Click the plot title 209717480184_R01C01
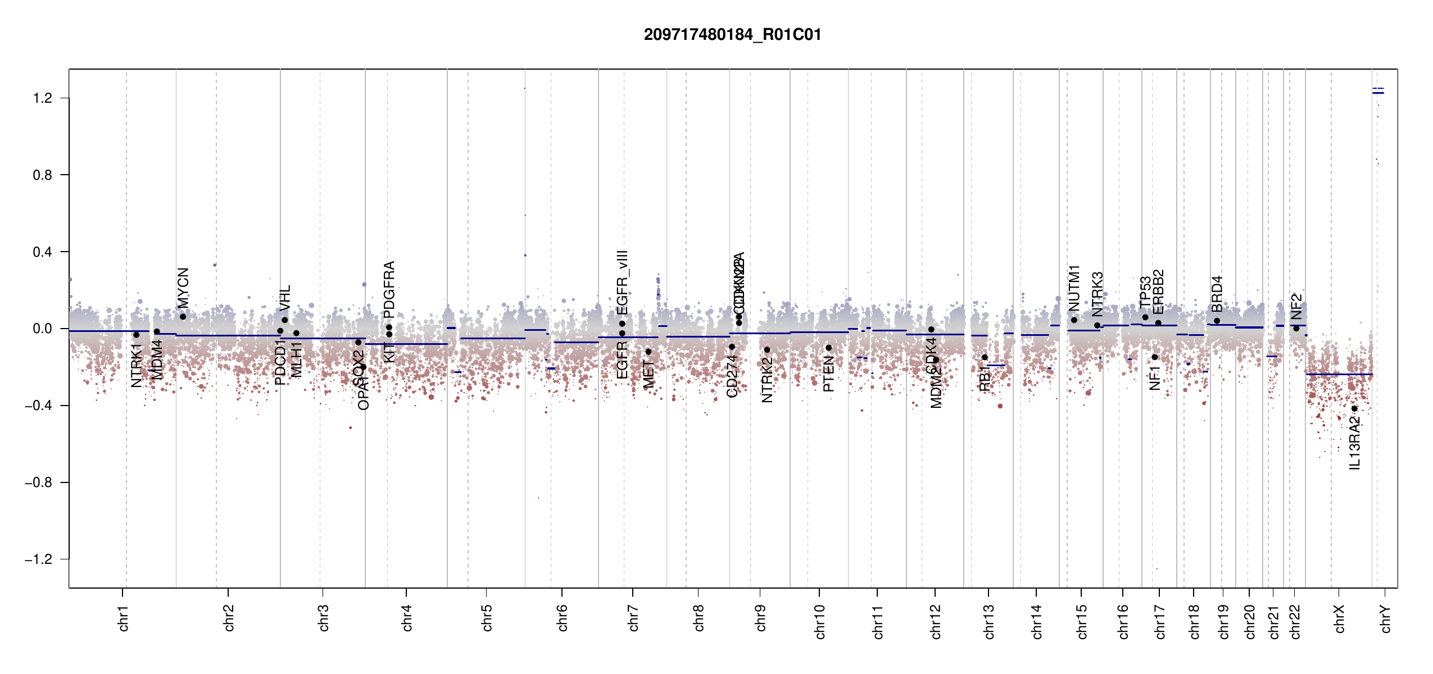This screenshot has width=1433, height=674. coord(732,35)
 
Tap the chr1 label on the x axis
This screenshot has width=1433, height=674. coord(124,618)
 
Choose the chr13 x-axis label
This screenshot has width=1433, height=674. coord(989,621)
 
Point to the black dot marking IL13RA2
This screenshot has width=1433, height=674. coord(1354,408)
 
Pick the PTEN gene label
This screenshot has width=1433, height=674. coord(828,374)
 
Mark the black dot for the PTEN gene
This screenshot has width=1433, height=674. coord(828,348)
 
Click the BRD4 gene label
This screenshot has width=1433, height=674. coord(1217,294)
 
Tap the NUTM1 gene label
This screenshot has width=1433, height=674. coord(1074,288)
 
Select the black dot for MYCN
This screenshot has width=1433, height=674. coord(183,317)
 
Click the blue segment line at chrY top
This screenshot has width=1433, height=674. coord(1378,93)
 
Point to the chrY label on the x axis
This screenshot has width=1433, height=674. coord(1386,618)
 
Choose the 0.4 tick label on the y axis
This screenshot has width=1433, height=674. coord(42,252)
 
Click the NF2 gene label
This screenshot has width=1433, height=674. coord(1296,307)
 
